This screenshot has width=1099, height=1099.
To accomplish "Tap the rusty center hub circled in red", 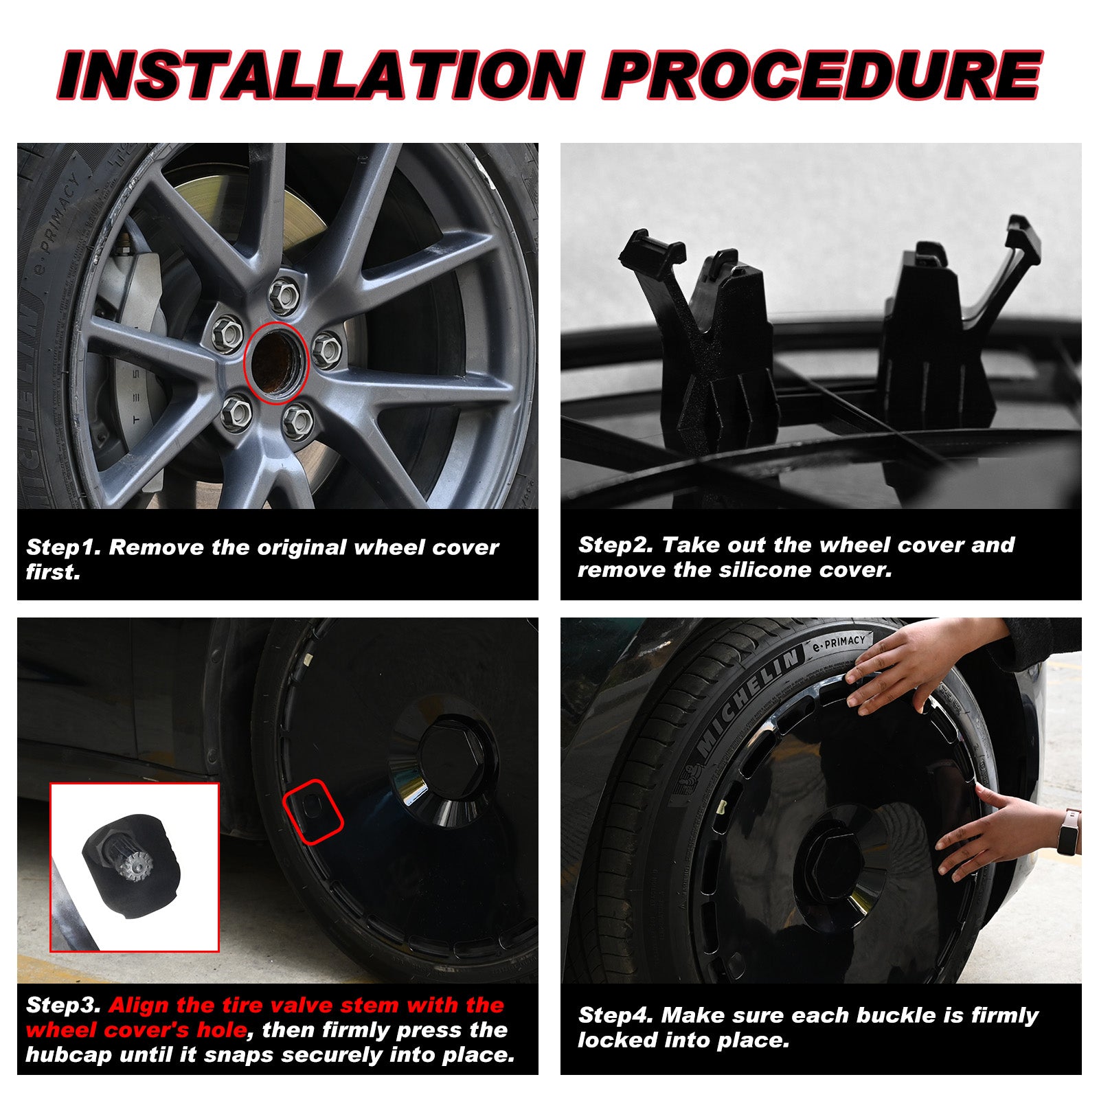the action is (275, 362).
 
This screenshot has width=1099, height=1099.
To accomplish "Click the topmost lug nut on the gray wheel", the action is (283, 295).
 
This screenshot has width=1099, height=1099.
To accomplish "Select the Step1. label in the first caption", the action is (64, 548).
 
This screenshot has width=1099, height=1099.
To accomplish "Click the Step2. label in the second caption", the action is (616, 545).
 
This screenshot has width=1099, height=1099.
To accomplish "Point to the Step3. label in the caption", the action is (64, 1006).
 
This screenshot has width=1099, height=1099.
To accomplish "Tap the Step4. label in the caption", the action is (616, 1015).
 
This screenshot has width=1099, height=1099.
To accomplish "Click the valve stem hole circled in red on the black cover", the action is (313, 810).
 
